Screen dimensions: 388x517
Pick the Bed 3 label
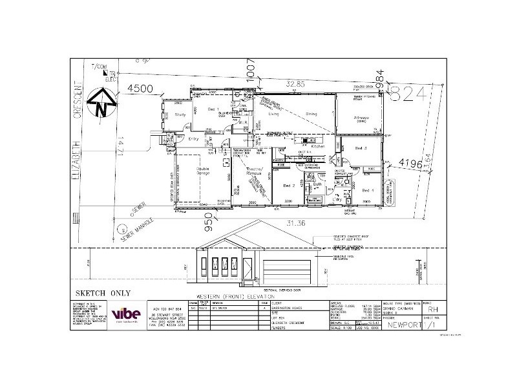point(361,148)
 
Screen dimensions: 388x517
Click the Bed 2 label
point(289,186)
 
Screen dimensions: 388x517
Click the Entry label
point(193,138)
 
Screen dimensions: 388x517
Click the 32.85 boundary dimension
point(296,83)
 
